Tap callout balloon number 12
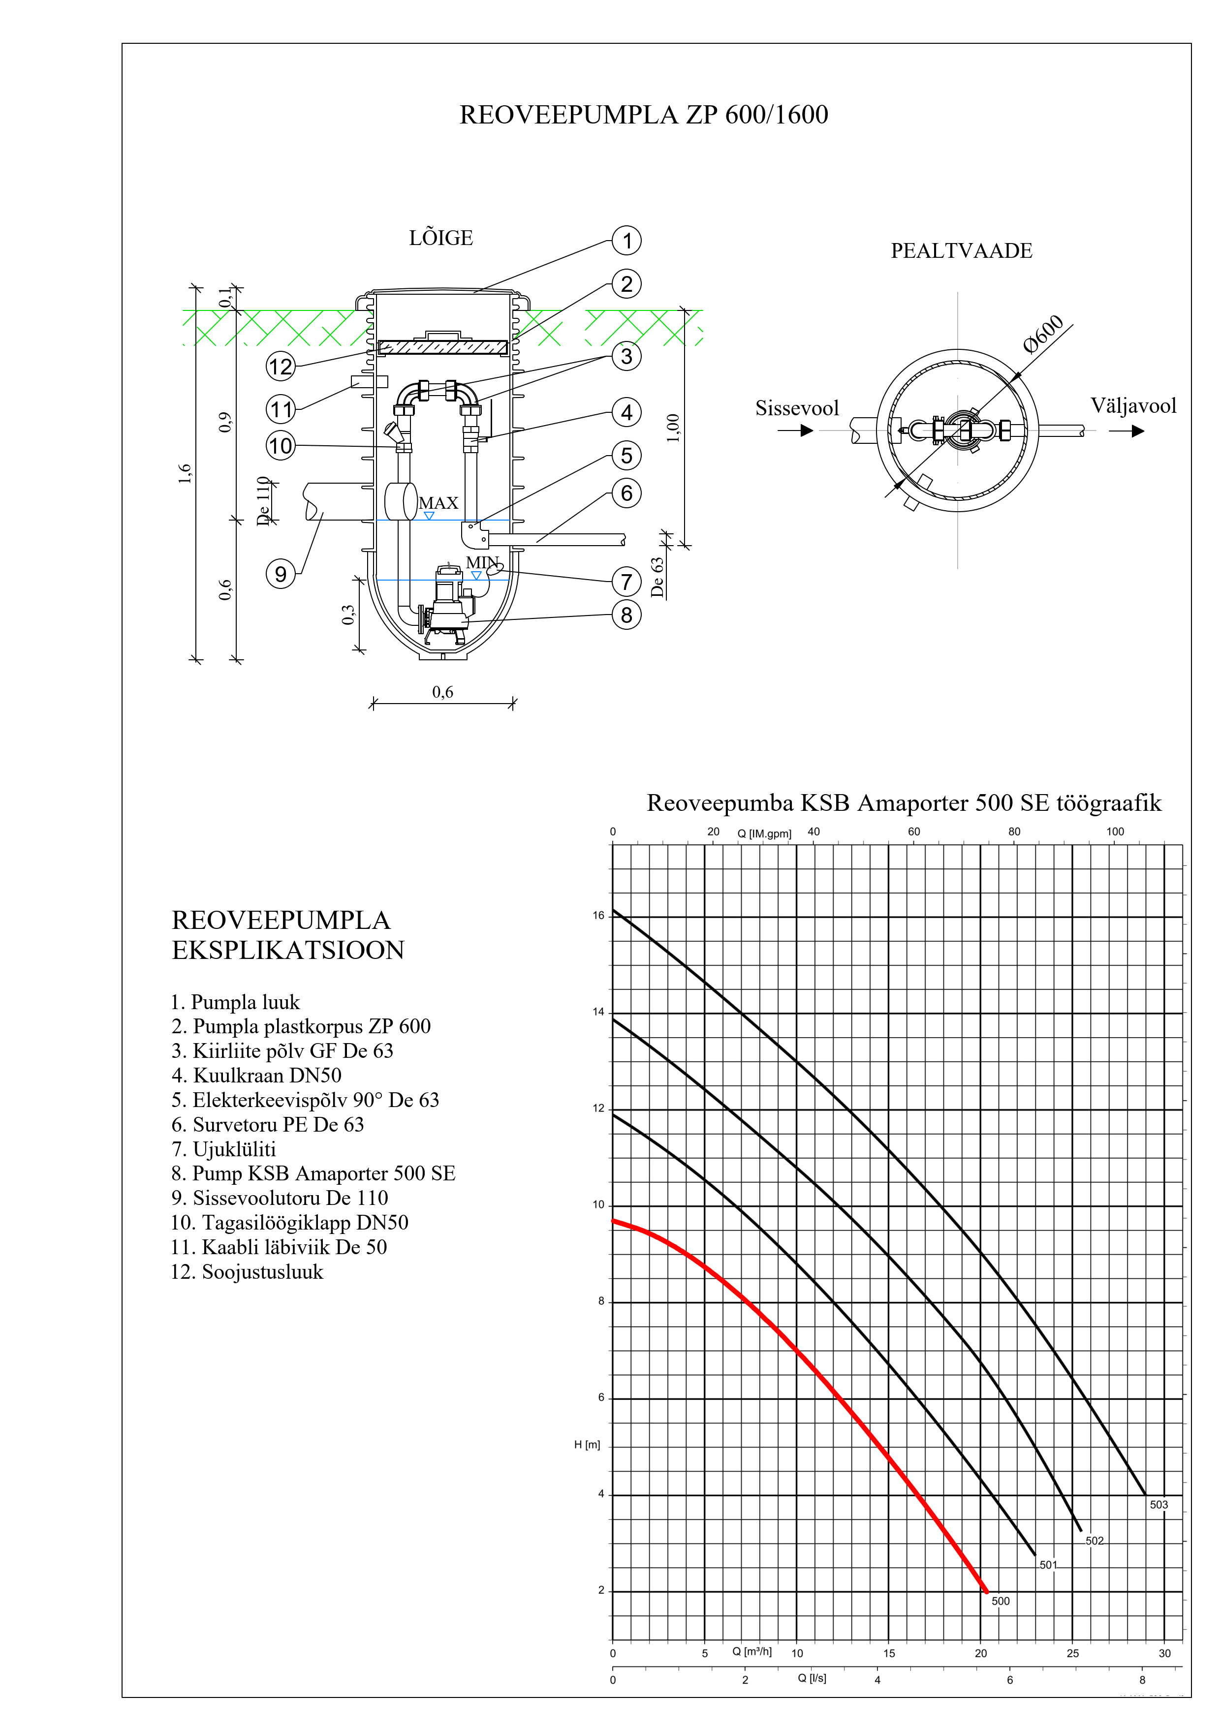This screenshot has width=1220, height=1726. click(281, 367)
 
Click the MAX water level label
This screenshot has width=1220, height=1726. click(438, 503)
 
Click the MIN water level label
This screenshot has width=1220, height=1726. click(482, 562)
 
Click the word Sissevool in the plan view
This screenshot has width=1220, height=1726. click(797, 408)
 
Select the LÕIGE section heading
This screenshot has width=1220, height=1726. click(441, 238)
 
